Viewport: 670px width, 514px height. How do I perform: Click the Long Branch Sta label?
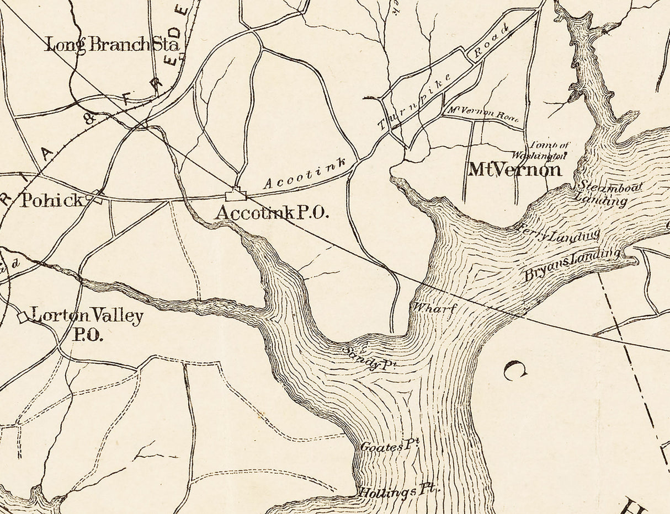112,45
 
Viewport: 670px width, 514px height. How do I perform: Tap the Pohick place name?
51,200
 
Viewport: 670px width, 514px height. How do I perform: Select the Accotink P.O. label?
272,212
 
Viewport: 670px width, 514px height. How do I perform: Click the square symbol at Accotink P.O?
236,195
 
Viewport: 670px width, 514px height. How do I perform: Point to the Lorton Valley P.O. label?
87,324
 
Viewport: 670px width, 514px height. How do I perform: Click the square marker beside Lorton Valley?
23,317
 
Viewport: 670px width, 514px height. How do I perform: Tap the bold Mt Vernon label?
514,169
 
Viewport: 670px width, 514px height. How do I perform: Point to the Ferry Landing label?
557,232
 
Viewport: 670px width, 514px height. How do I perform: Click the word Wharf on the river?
435,308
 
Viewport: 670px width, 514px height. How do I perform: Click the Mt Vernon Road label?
483,113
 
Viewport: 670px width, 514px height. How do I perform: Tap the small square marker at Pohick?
98,197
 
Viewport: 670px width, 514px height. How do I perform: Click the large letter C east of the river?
514,370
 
